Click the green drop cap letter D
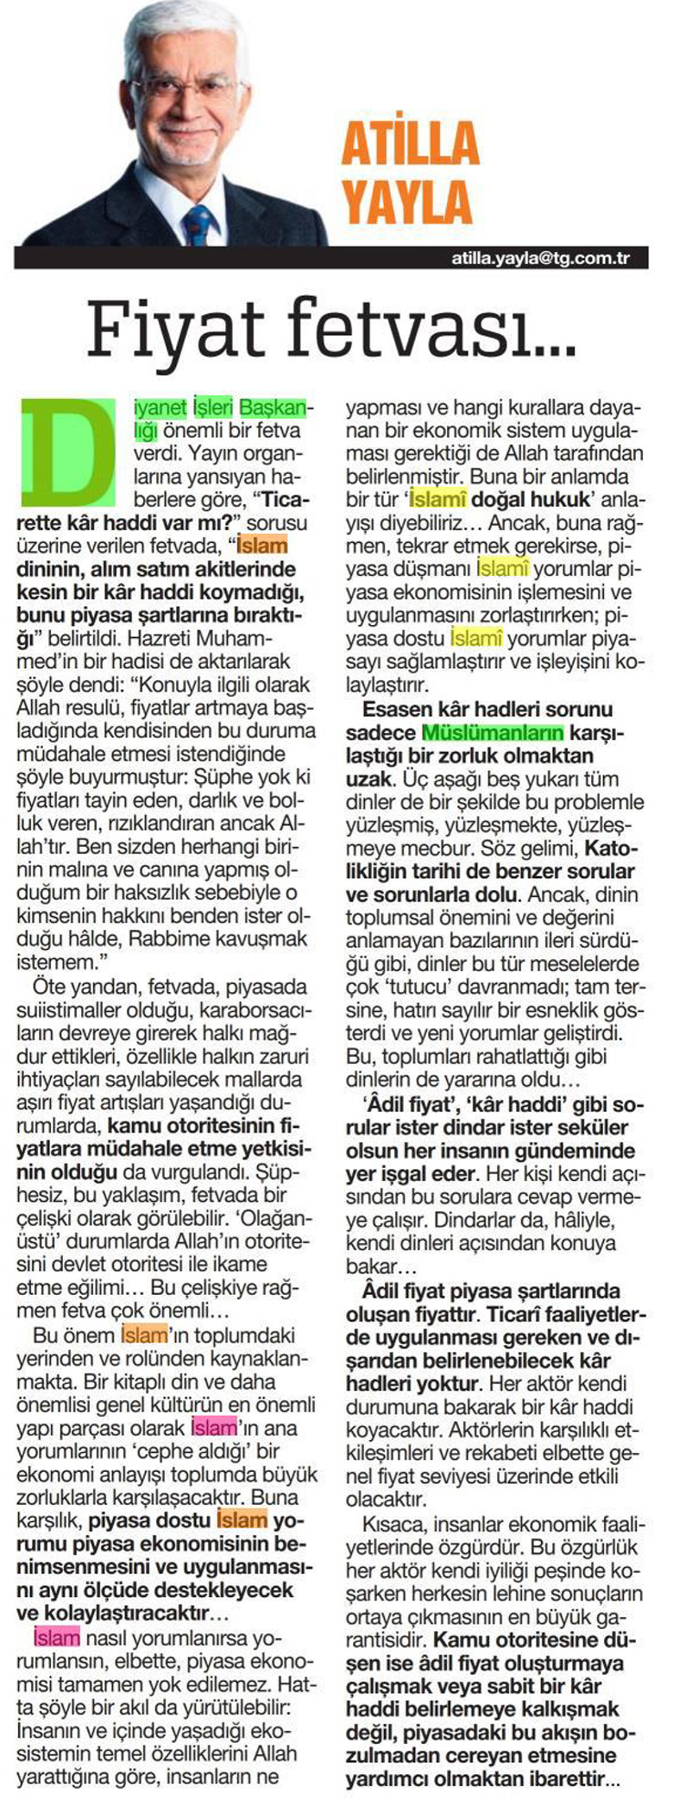pos(67,451)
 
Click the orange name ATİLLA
pos(409,144)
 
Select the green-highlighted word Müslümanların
pos(493,733)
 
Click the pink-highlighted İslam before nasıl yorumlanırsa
pos(56,1637)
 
